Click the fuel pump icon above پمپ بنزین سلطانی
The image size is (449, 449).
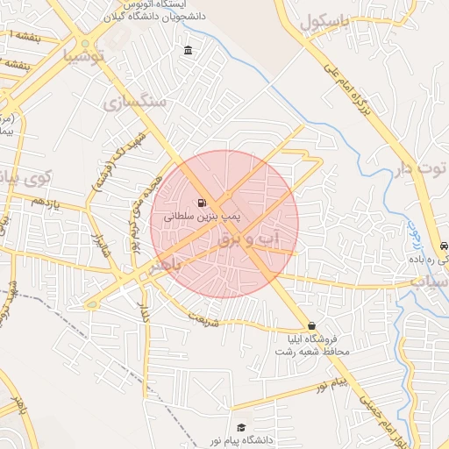(203, 199)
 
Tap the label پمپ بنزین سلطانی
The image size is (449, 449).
(203, 214)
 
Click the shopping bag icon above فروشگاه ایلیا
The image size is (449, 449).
(311, 326)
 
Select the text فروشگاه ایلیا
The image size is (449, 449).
(311, 339)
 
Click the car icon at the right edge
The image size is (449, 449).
(443, 247)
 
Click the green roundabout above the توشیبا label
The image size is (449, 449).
(85, 43)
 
